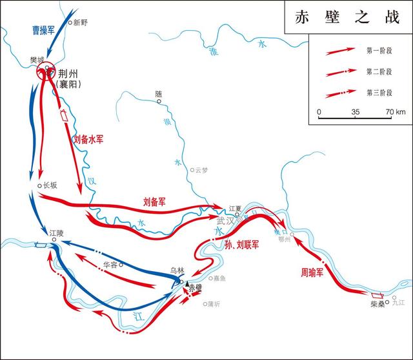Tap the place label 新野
80,23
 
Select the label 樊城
37,61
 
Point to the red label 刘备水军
83,138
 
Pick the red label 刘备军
154,201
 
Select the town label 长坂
50,185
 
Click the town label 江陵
56,232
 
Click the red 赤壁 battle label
196,289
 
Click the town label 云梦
201,171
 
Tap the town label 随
159,94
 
